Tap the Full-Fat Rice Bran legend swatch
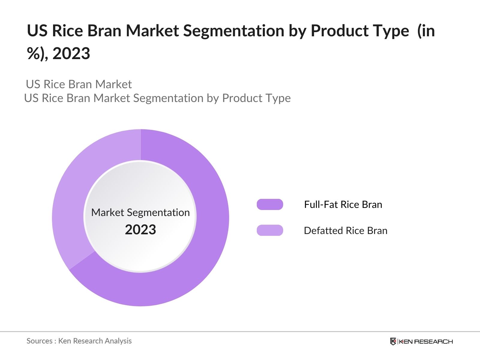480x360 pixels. (x=270, y=205)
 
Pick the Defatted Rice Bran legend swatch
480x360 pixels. (x=270, y=230)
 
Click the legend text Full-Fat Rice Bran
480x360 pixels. (x=343, y=205)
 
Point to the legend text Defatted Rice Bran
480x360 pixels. (x=345, y=230)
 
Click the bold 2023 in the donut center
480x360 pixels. (x=140, y=230)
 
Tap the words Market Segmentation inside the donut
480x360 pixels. (x=140, y=212)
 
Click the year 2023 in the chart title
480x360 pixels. (x=71, y=54)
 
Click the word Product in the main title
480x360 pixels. (x=337, y=31)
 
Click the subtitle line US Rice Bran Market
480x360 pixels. (x=79, y=84)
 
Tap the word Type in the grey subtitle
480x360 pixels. (x=279, y=98)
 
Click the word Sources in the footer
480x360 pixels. (x=39, y=341)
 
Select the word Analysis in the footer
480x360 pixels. (x=120, y=341)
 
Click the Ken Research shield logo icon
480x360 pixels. (x=393, y=341)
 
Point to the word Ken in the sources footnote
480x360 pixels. (x=64, y=341)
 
